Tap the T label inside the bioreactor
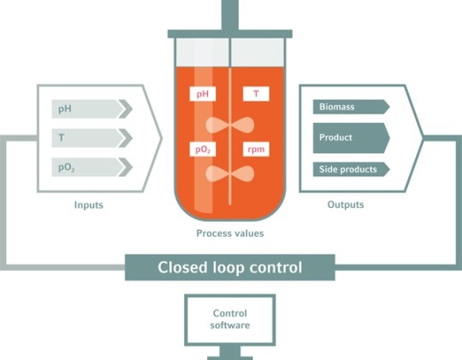click(256, 94)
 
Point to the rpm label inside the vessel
click(256, 150)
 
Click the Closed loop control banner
click(230, 267)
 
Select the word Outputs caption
click(346, 205)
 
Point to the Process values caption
click(230, 233)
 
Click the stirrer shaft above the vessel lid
click(230, 13)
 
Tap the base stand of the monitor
click(230, 353)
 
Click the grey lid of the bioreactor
click(230, 33)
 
